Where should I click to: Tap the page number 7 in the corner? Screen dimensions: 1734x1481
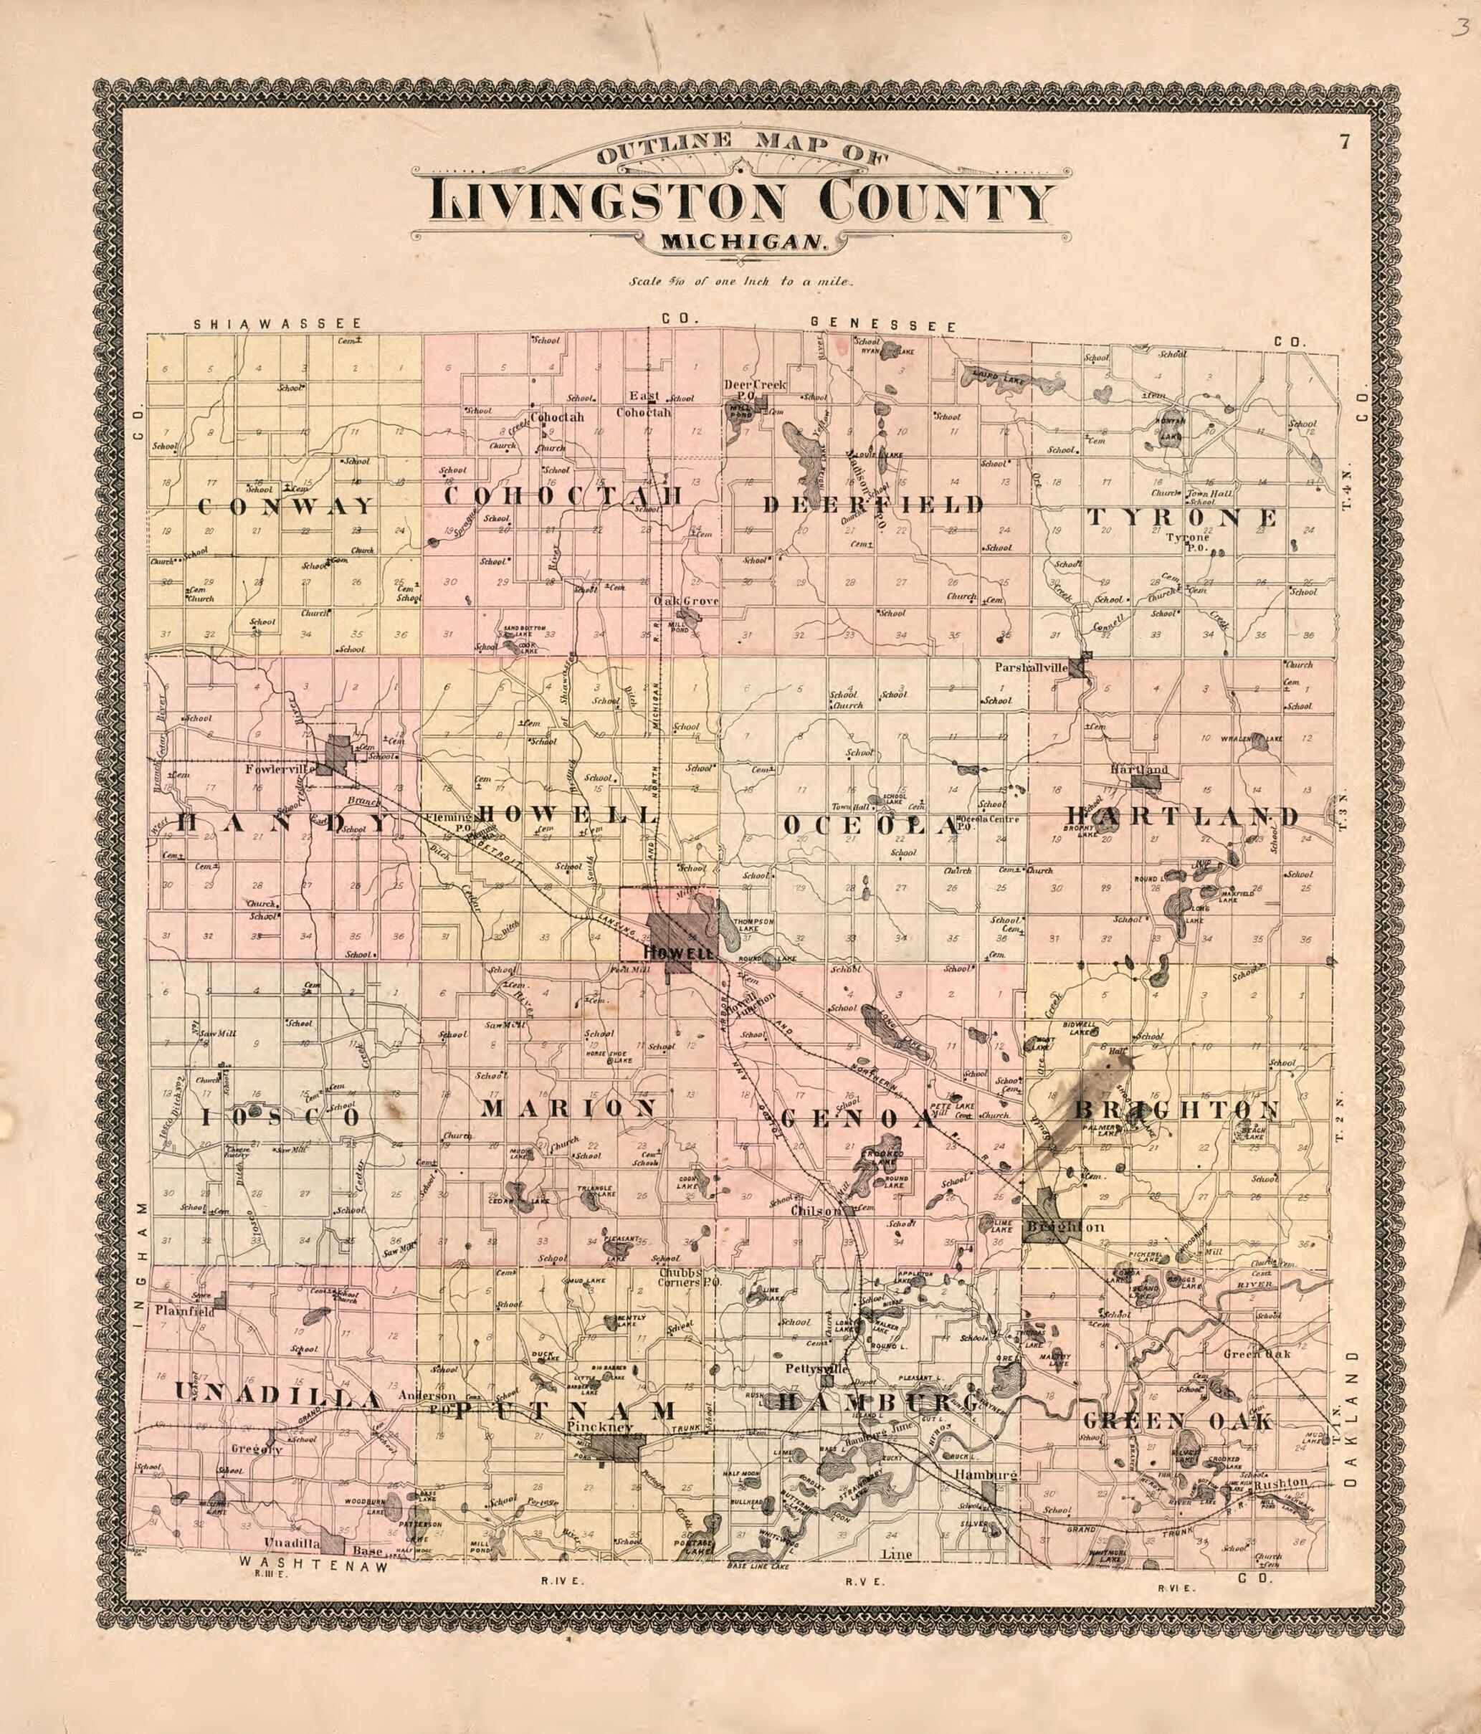click(1344, 141)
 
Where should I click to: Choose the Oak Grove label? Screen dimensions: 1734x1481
click(686, 601)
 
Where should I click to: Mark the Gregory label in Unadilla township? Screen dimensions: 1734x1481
click(256, 1449)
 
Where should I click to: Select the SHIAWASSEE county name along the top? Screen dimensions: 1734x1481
click(278, 323)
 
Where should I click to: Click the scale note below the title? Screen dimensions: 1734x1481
click(741, 282)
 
